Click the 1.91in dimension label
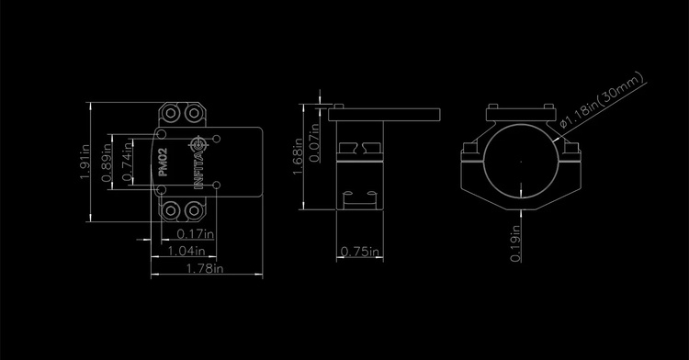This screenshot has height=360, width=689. [85, 162]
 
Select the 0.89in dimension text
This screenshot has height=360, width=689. [106, 163]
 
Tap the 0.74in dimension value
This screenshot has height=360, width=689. [127, 161]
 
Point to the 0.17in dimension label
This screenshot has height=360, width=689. [195, 233]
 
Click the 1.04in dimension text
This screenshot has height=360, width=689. [186, 251]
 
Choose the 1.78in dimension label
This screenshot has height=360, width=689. [205, 268]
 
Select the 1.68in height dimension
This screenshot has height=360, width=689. [298, 156]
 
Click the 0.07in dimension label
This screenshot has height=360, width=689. [314, 142]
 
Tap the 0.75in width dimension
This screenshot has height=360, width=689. [360, 252]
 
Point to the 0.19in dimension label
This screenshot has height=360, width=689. [515, 243]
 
